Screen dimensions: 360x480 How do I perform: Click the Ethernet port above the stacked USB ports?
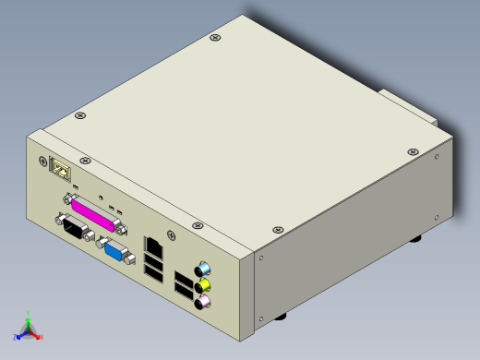pyautogui.click(x=154, y=246)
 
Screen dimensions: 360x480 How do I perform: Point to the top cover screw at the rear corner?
pyautogui.click(x=215, y=38)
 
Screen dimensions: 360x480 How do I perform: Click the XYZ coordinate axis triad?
pyautogui.click(x=27, y=327)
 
